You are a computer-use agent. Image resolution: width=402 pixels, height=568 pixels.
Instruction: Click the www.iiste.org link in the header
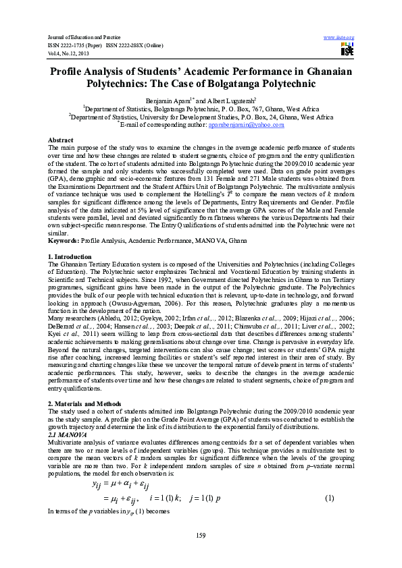coord(339,36)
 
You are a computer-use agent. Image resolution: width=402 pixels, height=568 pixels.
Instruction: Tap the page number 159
coord(200,536)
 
